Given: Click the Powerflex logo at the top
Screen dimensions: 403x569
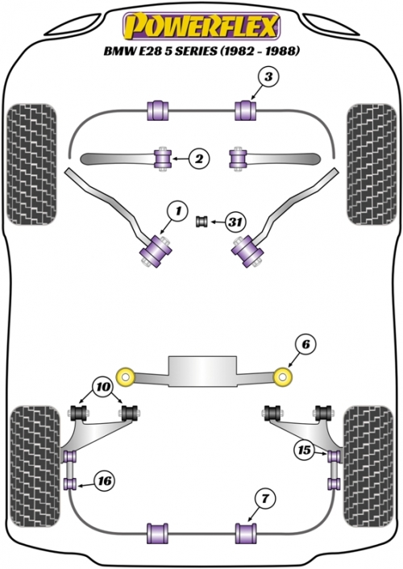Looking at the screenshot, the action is tap(201, 27).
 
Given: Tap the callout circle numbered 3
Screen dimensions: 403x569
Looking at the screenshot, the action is tap(268, 77).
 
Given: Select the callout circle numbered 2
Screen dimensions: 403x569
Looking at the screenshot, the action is tap(199, 159).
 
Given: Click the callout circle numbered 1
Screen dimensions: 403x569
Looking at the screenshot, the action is tap(177, 210).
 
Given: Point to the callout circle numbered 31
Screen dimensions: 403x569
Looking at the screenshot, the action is tap(235, 221).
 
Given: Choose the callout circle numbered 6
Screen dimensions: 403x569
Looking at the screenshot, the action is tap(305, 344).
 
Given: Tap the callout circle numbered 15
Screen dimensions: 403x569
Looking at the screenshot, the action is tap(304, 450).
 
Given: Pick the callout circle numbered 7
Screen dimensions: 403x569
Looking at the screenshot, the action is tap(265, 499).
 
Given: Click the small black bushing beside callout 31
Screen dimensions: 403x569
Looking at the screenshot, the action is tap(201, 222).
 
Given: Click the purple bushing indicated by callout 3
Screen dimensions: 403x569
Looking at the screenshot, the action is tap(246, 110).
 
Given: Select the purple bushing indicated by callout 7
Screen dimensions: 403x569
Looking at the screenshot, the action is tap(246, 533).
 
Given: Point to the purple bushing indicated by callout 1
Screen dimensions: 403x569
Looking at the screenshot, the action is tap(157, 250).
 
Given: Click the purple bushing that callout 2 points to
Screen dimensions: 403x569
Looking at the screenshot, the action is tap(162, 158).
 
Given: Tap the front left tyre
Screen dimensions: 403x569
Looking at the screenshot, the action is tap(32, 164).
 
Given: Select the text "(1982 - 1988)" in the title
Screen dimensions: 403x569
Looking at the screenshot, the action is tap(260, 51).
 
